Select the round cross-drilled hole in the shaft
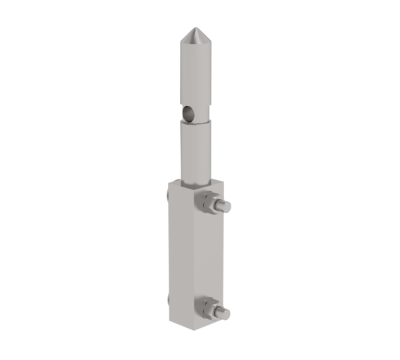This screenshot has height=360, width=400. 190,115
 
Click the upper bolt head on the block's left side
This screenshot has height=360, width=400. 165,195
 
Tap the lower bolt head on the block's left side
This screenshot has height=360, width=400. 165,301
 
